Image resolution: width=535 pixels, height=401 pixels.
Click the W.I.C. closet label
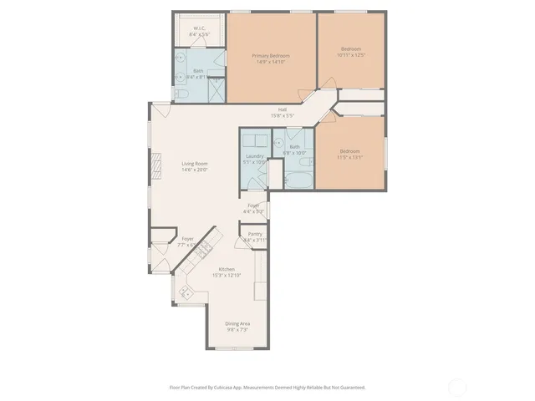200,28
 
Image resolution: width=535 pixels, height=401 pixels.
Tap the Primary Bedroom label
269,56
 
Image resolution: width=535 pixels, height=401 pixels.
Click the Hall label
283,109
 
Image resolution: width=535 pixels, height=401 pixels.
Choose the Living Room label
195,163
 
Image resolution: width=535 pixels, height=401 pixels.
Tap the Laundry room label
255,156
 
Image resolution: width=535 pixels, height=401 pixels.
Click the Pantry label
255,234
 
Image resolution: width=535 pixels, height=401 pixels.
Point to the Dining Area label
237,323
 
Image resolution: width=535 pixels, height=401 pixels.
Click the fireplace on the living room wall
155,166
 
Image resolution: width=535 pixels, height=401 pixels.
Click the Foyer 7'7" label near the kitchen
188,239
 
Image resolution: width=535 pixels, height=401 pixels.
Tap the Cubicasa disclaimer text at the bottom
267,387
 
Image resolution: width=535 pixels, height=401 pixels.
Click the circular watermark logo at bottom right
458,387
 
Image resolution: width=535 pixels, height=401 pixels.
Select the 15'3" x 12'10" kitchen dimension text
227,275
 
